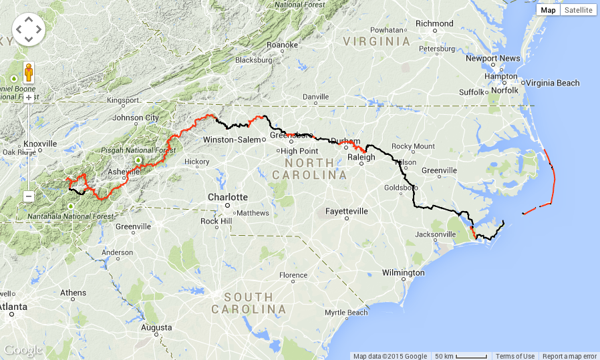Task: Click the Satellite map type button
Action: point(577,10)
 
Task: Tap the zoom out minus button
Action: point(29,196)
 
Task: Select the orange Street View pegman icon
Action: point(29,71)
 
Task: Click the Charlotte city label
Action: point(228,197)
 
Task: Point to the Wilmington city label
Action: point(403,273)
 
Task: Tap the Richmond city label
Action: point(434,23)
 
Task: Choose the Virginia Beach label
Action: point(553,83)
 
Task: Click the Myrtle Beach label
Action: point(346,313)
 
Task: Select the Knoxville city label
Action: point(41,144)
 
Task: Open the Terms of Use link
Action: point(514,356)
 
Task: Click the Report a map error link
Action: point(569,356)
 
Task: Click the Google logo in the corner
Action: point(23,351)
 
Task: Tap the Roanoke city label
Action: point(282,45)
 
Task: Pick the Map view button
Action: point(548,10)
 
